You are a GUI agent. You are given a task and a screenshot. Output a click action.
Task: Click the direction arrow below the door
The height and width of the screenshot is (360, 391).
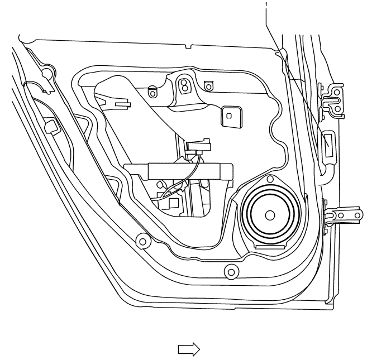tap(188, 349)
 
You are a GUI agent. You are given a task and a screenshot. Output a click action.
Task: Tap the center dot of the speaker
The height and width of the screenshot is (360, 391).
tap(270, 215)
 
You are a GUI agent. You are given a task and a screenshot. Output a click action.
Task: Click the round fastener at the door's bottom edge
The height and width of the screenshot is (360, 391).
tap(230, 272)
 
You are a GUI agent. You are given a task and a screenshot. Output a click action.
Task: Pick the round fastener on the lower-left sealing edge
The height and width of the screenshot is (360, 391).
tap(142, 241)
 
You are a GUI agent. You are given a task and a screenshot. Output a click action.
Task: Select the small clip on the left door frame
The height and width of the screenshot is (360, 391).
tap(50, 126)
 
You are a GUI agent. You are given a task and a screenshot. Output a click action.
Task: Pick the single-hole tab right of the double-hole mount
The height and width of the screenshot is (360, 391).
tap(208, 85)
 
